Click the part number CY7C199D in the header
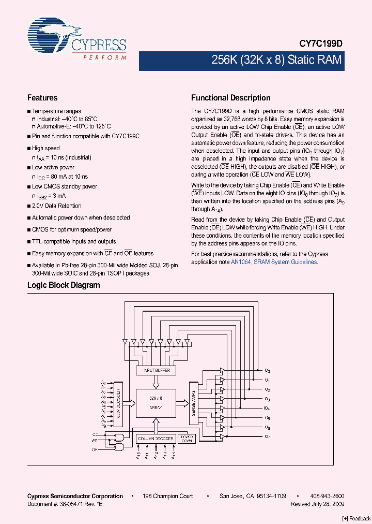tap(321, 45)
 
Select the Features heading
tap(42, 98)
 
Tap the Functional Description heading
tap(230, 98)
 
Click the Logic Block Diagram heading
tap(63, 285)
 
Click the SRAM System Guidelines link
tap(286, 263)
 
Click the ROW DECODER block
tap(118, 404)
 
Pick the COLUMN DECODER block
tap(154, 439)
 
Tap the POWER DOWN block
tap(187, 439)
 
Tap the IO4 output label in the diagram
tap(267, 409)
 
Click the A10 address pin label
tap(138, 457)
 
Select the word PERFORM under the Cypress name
tap(105, 57)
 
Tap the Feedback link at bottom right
tap(357, 519)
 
